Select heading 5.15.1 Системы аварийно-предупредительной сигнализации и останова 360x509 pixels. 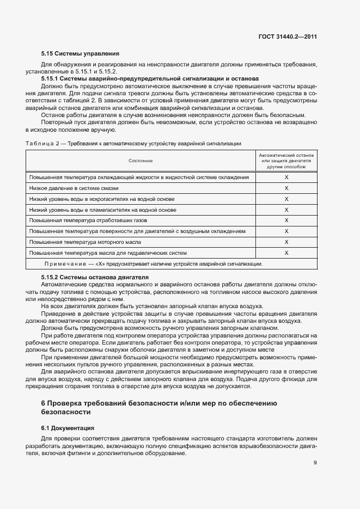150,79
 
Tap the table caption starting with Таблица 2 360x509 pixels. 133,143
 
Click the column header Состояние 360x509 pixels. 141,161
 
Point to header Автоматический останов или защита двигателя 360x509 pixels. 286,161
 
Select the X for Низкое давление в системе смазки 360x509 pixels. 286,188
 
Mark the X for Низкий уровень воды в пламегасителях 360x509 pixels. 286,210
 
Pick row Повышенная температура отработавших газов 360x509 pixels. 88,220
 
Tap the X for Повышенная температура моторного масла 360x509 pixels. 286,242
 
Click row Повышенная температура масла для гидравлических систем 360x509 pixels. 108,253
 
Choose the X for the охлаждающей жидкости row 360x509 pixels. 286,177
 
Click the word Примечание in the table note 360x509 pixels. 62,264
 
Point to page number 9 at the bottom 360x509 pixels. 315,463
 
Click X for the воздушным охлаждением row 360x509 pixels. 286,231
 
